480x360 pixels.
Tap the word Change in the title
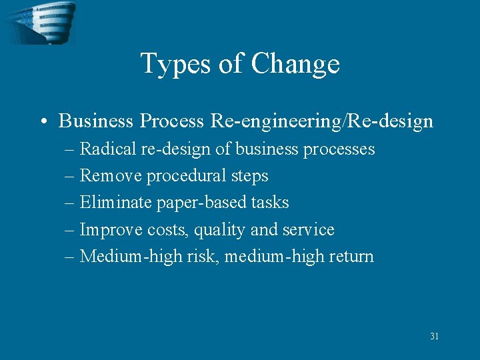point(295,64)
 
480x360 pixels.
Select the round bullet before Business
point(43,121)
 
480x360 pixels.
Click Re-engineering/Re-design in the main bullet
point(322,121)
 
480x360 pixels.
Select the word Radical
point(108,149)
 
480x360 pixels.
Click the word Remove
point(111,176)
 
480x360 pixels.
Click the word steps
point(249,177)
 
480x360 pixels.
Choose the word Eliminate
point(116,203)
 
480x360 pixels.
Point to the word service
point(307,230)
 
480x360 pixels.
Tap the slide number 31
point(434,337)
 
